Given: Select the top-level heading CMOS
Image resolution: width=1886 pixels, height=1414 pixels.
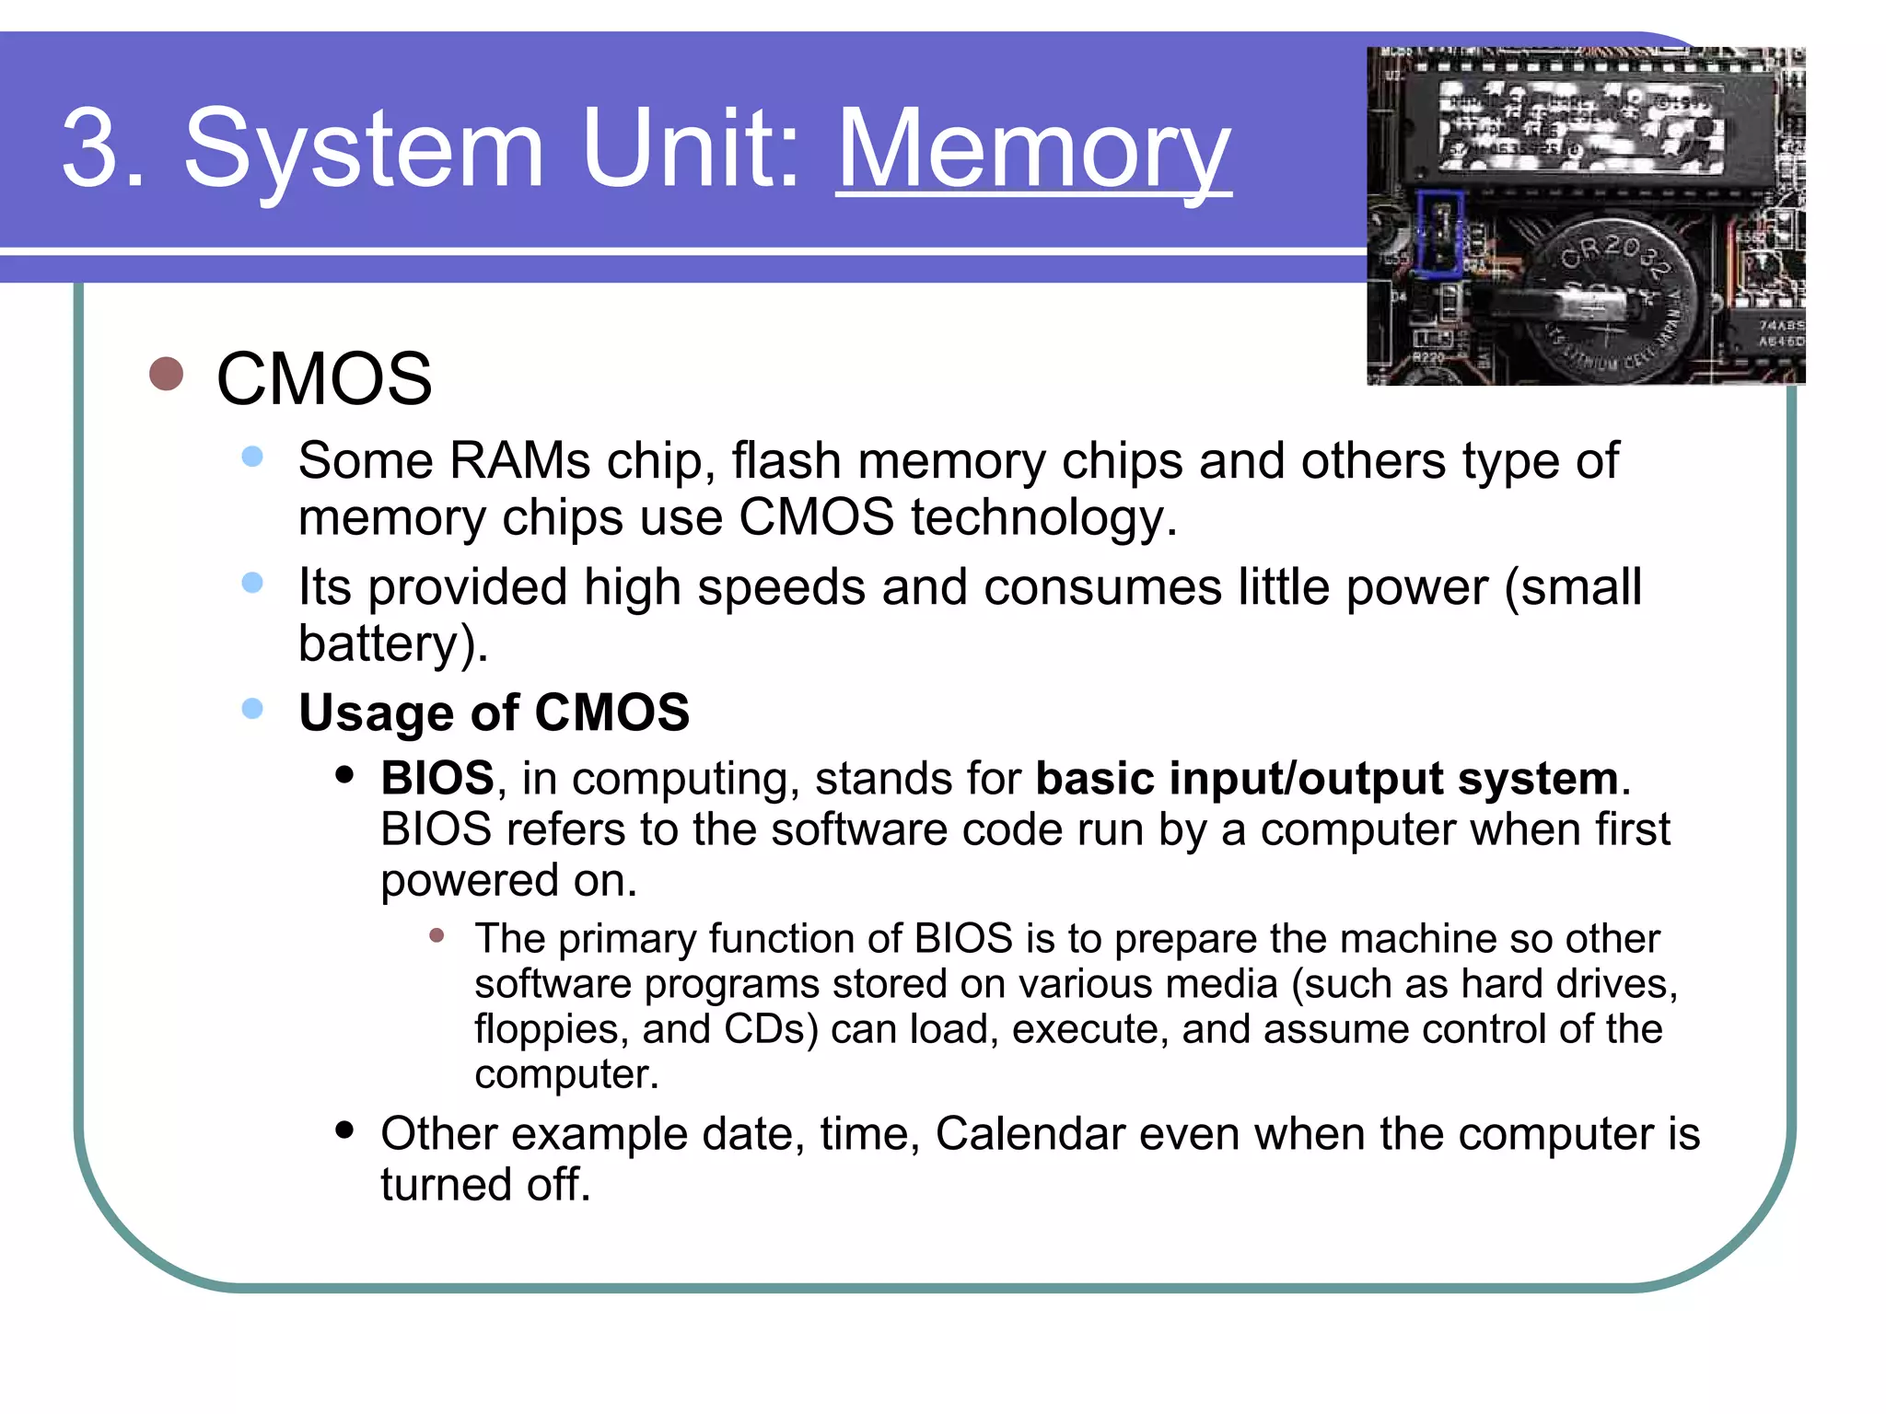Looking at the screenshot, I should pyautogui.click(x=323, y=378).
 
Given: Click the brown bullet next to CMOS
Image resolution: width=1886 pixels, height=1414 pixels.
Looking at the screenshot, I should pyautogui.click(x=166, y=374).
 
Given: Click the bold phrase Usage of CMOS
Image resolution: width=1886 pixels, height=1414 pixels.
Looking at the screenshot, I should pyautogui.click(x=494, y=713).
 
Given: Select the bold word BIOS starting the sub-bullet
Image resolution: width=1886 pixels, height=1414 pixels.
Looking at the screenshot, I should pyautogui.click(x=437, y=778).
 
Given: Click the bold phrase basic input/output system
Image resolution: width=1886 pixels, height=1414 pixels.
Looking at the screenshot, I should pyautogui.click(x=1326, y=778).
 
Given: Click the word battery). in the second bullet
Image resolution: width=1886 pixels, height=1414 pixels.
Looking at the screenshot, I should pyautogui.click(x=392, y=643).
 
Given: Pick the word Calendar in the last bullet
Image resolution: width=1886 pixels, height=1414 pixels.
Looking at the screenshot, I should pyautogui.click(x=1030, y=1133).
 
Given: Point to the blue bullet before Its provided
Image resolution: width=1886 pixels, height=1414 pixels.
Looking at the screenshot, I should pyautogui.click(x=251, y=583).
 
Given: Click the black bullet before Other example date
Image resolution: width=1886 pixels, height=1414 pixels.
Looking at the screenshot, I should pyautogui.click(x=344, y=1130).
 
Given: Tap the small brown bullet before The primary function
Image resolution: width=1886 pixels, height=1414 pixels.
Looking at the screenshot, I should pyautogui.click(x=437, y=936).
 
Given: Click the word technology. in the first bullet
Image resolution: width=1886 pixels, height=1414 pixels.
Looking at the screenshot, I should pyautogui.click(x=1043, y=517).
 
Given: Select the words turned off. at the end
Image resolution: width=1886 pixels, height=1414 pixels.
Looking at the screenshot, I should pyautogui.click(x=484, y=1185).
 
